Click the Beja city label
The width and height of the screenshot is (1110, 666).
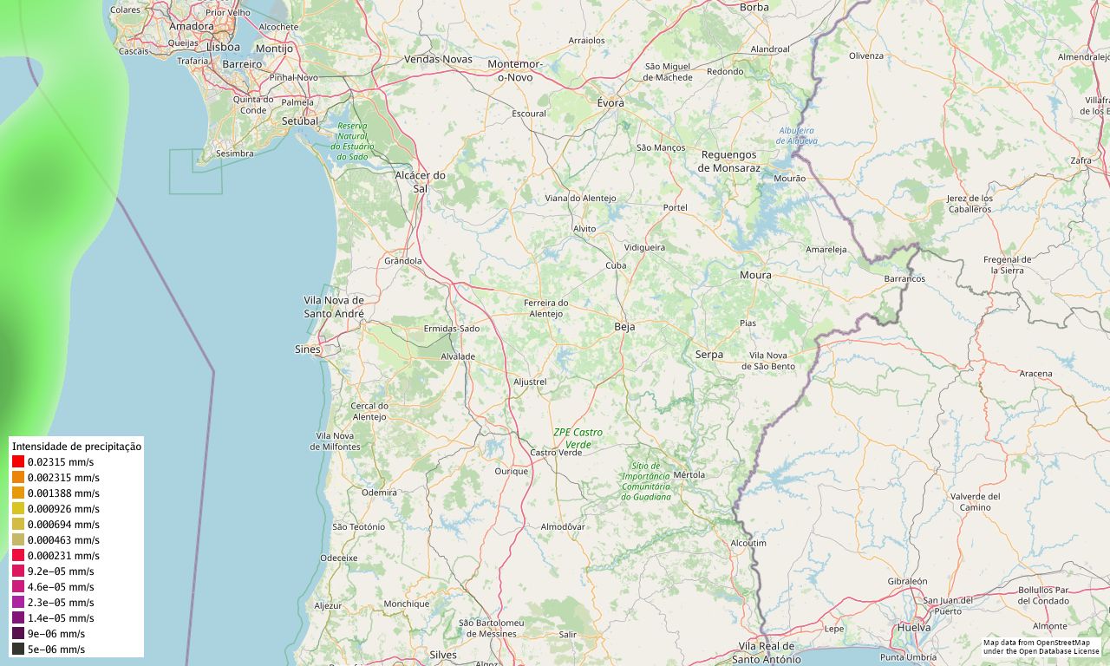(624, 327)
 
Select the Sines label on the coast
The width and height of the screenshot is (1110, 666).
(307, 349)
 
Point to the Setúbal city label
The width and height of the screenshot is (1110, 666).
(300, 121)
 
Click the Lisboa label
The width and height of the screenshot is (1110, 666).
(223, 47)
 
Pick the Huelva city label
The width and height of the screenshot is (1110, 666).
(915, 627)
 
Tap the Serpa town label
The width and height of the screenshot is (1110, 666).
(708, 355)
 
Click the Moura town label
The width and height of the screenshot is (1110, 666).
(755, 276)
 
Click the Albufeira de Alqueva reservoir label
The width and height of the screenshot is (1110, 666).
(796, 135)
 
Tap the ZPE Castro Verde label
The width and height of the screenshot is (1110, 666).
(578, 438)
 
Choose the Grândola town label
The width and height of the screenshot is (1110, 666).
(402, 260)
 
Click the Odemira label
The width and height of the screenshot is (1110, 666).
(379, 492)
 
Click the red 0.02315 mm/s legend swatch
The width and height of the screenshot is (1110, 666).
(18, 462)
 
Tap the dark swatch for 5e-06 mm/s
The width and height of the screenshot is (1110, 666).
(18, 649)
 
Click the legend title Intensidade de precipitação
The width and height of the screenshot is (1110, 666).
(76, 446)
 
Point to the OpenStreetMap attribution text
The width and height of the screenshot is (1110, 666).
(1041, 647)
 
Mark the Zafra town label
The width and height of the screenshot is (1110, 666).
(1081, 160)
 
